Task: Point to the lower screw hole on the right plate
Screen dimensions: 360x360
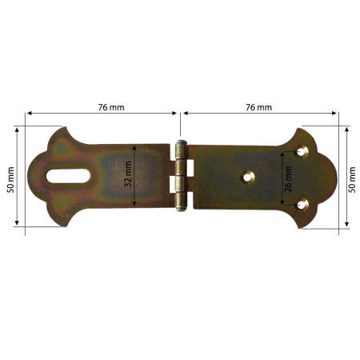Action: coord(302,205)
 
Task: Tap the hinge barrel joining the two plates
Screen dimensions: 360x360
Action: coord(182,177)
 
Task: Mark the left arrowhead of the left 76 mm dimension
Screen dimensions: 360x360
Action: coord(29,114)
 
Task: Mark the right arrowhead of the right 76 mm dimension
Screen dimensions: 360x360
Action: coord(337,114)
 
